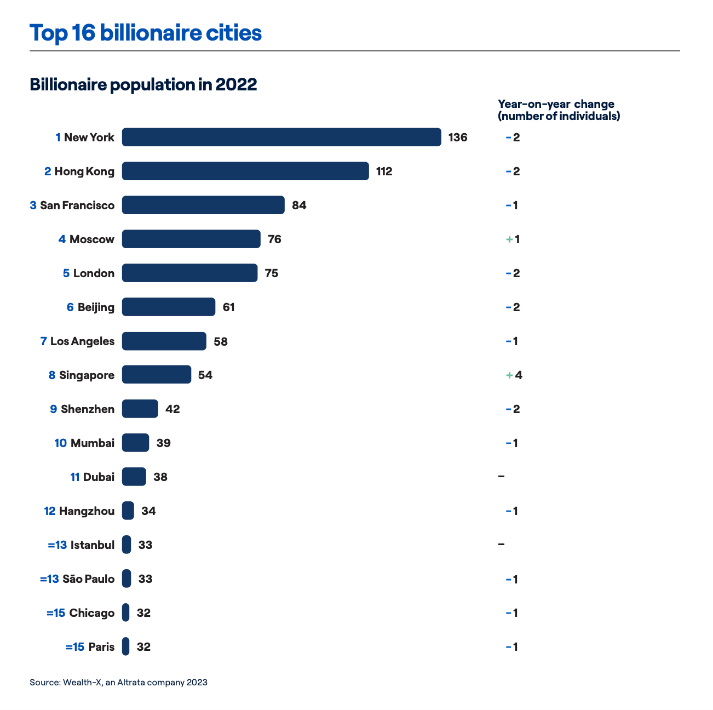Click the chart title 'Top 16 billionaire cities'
[x=146, y=33]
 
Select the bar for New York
[x=281, y=137]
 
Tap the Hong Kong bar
[x=245, y=171]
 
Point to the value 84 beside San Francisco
[x=299, y=205]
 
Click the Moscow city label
[x=91, y=239]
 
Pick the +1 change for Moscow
[x=513, y=239]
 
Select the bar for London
[x=189, y=273]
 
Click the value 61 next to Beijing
[x=228, y=307]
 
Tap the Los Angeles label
[x=82, y=341]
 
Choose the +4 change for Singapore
[x=514, y=375]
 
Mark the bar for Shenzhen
[x=140, y=409]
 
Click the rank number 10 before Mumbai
[x=60, y=443]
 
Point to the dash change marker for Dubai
[x=501, y=477]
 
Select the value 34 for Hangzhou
[x=148, y=511]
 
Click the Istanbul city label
[x=92, y=545]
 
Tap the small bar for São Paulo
[x=127, y=579]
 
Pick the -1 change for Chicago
[x=512, y=613]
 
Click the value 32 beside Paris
[x=143, y=647]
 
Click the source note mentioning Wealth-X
[x=118, y=682]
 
